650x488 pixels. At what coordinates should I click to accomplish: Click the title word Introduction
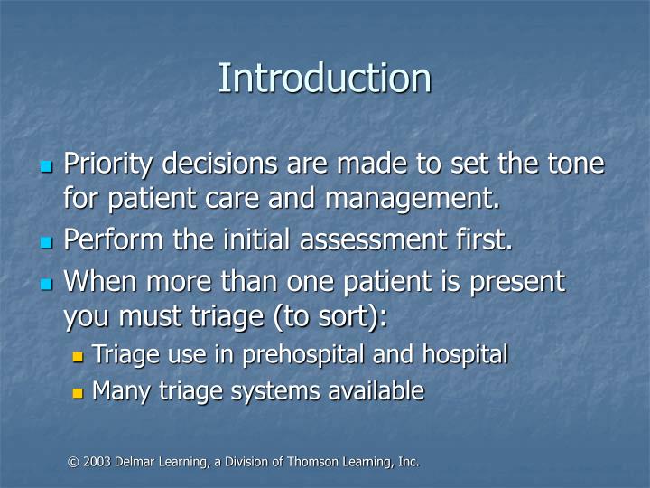[324, 78]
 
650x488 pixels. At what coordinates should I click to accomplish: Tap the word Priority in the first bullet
[113, 165]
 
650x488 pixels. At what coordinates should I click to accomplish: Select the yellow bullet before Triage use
[79, 356]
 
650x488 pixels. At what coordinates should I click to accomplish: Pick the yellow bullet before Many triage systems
[79, 392]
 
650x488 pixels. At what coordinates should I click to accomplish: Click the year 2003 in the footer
[96, 462]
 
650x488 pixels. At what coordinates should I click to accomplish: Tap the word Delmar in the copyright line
[134, 462]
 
